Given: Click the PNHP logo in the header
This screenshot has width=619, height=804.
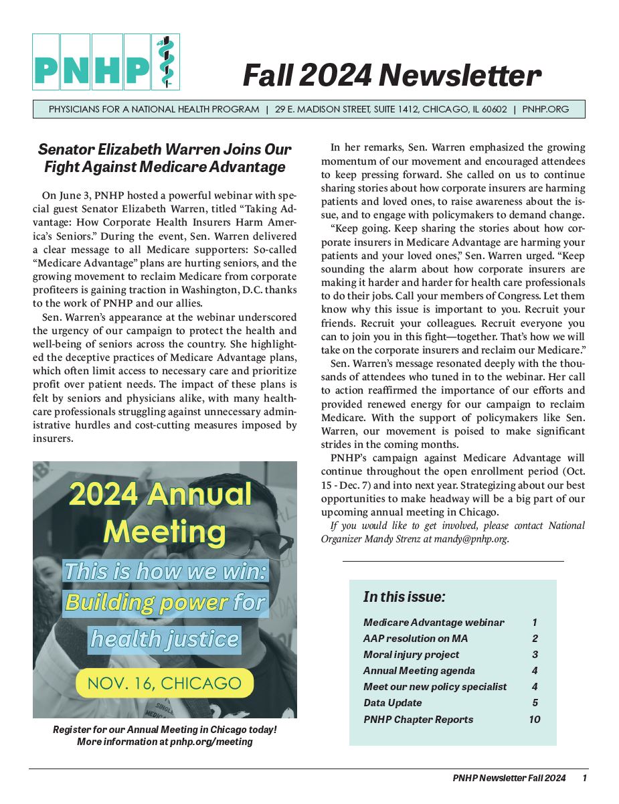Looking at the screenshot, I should click(106, 62).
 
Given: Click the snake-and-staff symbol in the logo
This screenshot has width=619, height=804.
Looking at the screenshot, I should click(165, 62).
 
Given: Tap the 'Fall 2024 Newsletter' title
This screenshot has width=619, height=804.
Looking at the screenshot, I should click(391, 75).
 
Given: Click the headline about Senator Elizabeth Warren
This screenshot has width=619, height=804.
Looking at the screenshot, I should click(165, 158).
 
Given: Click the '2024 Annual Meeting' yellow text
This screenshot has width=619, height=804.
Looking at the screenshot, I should click(161, 513).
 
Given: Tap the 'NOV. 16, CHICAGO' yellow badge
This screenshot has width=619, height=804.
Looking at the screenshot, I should click(165, 683).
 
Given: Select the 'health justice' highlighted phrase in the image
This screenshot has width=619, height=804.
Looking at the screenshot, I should click(165, 639).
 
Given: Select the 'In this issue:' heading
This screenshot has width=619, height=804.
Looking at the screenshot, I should click(404, 596).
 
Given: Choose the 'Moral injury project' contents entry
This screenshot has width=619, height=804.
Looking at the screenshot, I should click(411, 654).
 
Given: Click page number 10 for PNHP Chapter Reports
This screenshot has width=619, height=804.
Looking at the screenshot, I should click(533, 719).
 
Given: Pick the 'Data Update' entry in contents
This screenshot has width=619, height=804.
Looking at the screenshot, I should click(393, 703).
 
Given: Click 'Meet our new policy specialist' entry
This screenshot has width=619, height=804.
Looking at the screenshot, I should click(434, 686).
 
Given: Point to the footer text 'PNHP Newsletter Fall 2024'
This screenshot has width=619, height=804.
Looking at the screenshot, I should click(509, 778).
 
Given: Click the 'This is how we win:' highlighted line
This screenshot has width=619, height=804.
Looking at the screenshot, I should click(165, 571).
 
